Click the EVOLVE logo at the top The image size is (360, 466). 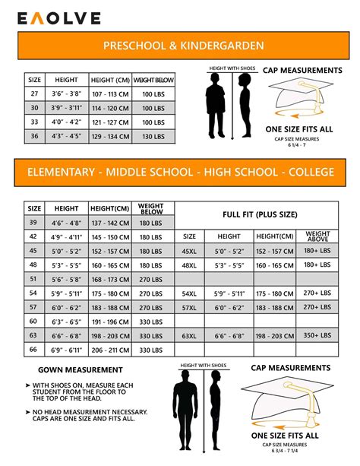point(52,17)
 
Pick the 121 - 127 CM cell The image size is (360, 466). point(110,122)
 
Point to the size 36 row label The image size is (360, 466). point(34,136)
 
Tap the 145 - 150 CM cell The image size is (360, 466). point(109,237)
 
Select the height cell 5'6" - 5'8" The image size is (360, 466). point(67,279)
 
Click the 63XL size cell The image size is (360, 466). point(190,335)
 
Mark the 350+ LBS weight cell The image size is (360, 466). point(317,335)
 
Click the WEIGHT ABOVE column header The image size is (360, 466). point(317,236)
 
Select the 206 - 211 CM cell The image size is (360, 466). point(109,350)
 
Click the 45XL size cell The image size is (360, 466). point(190,251)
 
